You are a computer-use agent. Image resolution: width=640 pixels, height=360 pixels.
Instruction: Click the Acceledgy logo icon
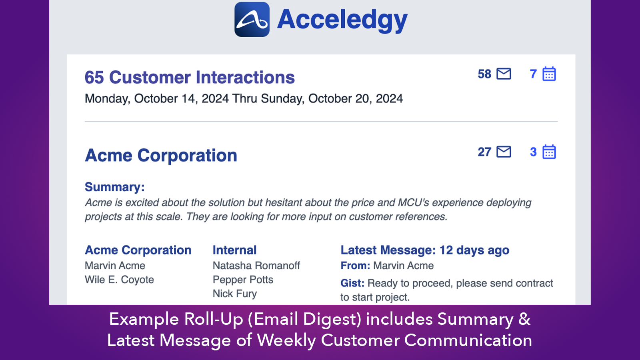point(252,20)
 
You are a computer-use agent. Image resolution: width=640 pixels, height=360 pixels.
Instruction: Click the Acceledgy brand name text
point(342,20)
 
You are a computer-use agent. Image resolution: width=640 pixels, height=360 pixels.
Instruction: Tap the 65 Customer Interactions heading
point(190,77)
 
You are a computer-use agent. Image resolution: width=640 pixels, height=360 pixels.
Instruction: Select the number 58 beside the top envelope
point(484,74)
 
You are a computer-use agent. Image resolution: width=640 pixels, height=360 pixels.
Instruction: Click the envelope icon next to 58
point(504,74)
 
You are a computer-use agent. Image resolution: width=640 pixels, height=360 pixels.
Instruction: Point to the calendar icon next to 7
point(549,74)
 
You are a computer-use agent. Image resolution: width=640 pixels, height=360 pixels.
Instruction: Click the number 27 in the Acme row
point(484,152)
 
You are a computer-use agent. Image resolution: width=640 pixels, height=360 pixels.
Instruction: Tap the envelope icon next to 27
point(504,152)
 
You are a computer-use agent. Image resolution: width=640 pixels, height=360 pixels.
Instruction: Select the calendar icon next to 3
point(549,152)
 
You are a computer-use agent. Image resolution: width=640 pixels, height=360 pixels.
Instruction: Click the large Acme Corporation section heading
point(161,155)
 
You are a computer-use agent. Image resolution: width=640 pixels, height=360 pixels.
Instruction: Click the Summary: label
point(114,187)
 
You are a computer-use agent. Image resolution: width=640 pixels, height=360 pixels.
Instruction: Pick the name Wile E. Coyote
point(119,280)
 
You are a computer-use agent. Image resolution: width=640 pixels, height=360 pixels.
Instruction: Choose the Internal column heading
point(234,250)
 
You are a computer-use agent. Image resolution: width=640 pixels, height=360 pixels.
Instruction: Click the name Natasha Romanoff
point(256,266)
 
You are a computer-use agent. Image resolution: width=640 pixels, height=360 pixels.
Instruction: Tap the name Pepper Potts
point(243,280)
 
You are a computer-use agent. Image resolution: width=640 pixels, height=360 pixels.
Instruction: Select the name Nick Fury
point(235,294)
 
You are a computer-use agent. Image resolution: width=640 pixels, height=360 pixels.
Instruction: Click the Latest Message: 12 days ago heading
point(425,250)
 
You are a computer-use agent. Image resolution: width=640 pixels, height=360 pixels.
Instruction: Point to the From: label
point(355,266)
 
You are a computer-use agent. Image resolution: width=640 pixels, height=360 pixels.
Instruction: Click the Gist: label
point(352,283)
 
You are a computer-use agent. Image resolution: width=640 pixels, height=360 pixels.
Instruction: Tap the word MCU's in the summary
point(413,202)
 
